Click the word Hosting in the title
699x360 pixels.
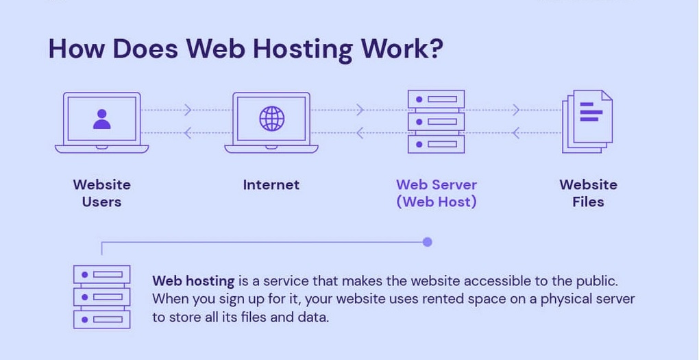(x=302, y=49)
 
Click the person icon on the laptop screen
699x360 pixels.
(x=101, y=119)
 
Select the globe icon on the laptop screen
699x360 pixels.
(x=271, y=119)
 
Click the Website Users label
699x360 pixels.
(x=101, y=193)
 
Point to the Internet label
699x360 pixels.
(x=271, y=184)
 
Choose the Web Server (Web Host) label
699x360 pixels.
(x=437, y=193)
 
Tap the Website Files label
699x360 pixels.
(x=588, y=193)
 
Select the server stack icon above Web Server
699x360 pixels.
(x=436, y=121)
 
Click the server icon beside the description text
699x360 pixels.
(x=101, y=297)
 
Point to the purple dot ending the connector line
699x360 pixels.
(x=428, y=242)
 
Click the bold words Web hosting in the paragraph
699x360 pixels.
(x=193, y=281)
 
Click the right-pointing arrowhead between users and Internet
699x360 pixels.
(x=188, y=110)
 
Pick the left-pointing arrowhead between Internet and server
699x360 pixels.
(x=359, y=133)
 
